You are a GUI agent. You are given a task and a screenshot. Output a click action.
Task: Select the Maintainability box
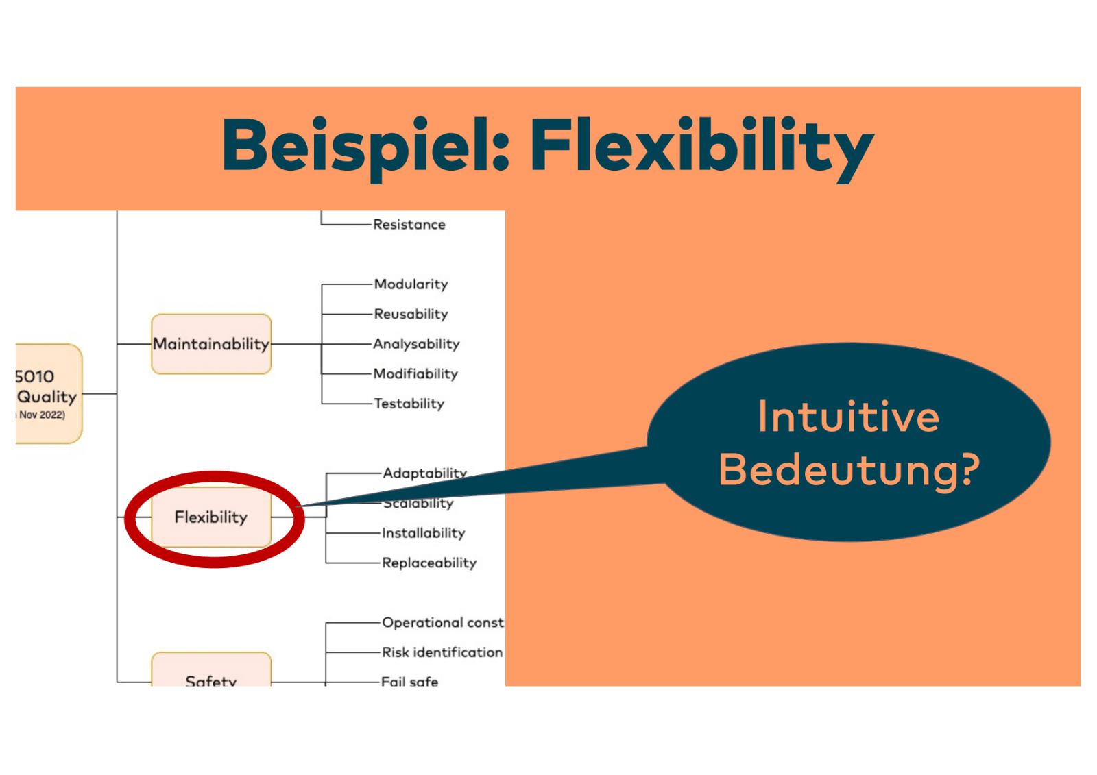click(x=211, y=344)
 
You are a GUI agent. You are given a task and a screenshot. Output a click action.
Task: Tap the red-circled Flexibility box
click(x=211, y=517)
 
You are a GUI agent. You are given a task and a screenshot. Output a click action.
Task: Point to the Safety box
click(x=211, y=675)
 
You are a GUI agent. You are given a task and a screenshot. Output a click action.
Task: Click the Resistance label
click(x=409, y=225)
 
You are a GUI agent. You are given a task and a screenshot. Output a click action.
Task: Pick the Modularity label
click(x=411, y=284)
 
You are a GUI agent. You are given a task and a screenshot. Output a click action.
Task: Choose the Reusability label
click(x=411, y=315)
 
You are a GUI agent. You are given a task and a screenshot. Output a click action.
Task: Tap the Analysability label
click(x=416, y=344)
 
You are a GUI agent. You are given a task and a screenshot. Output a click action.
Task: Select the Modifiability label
click(x=415, y=374)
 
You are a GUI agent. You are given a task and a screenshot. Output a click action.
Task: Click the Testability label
click(x=409, y=404)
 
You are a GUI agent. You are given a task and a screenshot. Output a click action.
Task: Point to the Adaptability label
click(x=424, y=473)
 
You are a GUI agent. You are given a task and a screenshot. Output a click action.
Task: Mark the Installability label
click(x=423, y=533)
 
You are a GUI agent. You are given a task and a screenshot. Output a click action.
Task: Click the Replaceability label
click(x=429, y=563)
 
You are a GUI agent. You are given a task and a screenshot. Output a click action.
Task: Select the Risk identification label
click(x=442, y=652)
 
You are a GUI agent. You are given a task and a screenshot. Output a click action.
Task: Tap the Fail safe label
click(x=409, y=680)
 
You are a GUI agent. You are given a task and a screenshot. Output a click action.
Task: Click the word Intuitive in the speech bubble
click(x=848, y=417)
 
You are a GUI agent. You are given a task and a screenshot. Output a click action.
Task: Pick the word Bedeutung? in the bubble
click(x=849, y=470)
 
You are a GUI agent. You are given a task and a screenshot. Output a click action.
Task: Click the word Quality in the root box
click(x=47, y=397)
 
